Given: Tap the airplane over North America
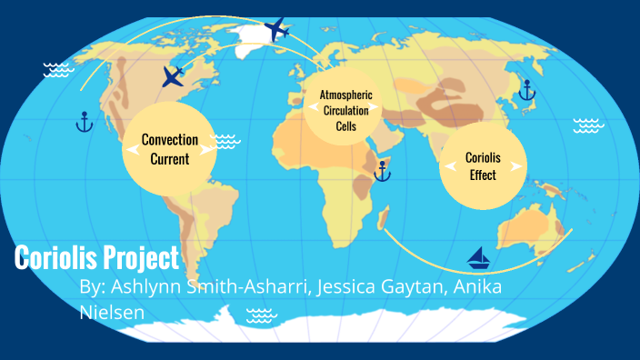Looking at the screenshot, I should point(173,76).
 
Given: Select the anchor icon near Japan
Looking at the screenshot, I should point(525,90).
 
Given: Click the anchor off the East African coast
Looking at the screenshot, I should point(383,170).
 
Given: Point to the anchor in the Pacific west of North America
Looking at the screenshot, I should point(84,121).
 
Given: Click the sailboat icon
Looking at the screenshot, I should point(478,259).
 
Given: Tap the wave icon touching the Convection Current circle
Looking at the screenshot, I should point(224,141).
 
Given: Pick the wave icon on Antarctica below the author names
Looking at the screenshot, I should point(262,315).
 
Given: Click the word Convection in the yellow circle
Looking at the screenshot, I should point(170,140).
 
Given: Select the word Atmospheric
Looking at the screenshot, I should point(346,95).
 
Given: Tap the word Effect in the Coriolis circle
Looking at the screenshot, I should point(483,175).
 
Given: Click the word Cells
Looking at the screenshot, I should point(346,126).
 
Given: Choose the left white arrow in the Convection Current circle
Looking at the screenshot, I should point(129,151).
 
